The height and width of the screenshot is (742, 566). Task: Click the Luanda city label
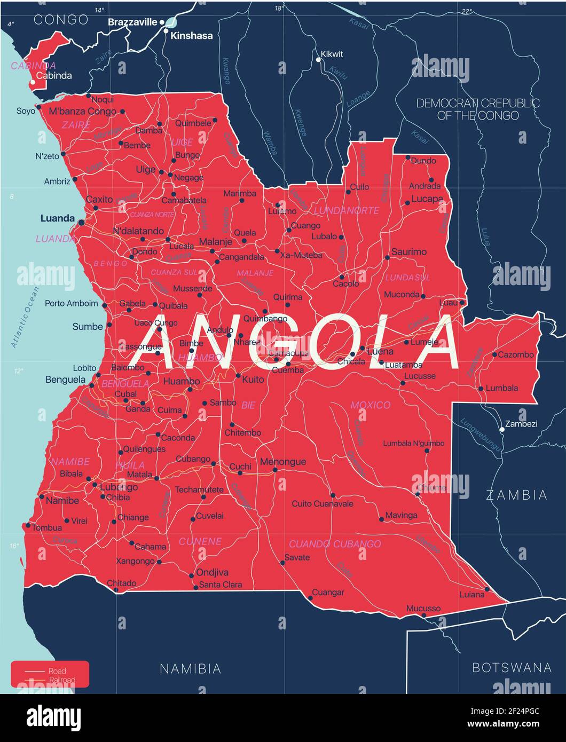pyautogui.click(x=57, y=218)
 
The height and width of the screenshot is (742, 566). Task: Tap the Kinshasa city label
pyautogui.click(x=191, y=36)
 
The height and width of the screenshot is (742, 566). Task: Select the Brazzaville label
pyautogui.click(x=132, y=22)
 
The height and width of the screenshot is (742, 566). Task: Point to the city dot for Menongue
pyautogui.click(x=275, y=470)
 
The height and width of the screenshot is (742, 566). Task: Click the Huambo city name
pyautogui.click(x=182, y=381)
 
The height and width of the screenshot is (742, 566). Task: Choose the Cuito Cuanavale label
pyautogui.click(x=323, y=503)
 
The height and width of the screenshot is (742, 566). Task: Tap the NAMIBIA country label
pyautogui.click(x=191, y=668)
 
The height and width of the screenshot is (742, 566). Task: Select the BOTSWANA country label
pyautogui.click(x=512, y=667)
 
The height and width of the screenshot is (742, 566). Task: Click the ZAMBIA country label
pyautogui.click(x=516, y=495)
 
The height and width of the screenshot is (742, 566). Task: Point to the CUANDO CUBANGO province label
pyautogui.click(x=335, y=544)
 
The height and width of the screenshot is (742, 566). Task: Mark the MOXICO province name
pyautogui.click(x=370, y=405)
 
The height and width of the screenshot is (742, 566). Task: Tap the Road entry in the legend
pyautogui.click(x=57, y=671)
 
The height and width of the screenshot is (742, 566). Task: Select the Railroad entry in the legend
pyautogui.click(x=62, y=680)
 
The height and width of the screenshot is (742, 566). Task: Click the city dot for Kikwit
pyautogui.click(x=318, y=60)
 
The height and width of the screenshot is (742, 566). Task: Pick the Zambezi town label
pyautogui.click(x=521, y=424)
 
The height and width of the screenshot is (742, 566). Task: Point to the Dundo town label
pyautogui.click(x=423, y=160)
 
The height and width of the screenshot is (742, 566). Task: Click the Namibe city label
pyautogui.click(x=62, y=501)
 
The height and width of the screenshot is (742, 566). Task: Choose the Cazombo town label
pyautogui.click(x=516, y=354)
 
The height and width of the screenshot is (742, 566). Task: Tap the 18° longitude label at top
pyautogui.click(x=278, y=9)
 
